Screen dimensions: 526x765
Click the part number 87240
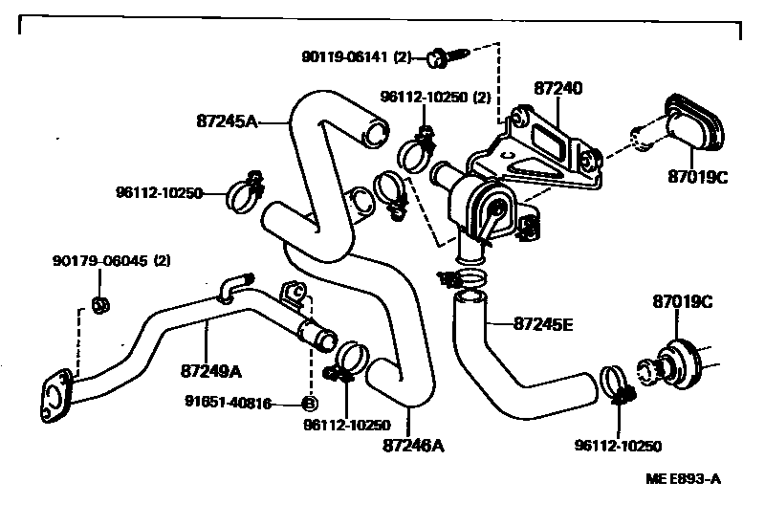pos(557,88)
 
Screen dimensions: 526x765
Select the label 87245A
pos(228,121)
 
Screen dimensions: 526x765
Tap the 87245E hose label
pos(542,324)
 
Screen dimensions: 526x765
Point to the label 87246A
pos(414,445)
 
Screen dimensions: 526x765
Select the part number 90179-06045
pos(98,260)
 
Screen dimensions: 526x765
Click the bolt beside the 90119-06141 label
pos(444,56)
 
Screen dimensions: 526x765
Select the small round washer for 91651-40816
pos(309,404)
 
